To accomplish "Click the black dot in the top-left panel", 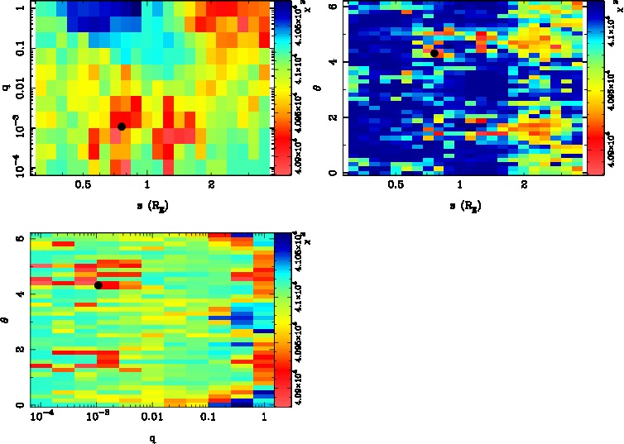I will tap(122, 127).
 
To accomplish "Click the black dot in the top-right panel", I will tap(434, 53).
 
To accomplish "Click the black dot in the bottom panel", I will tap(98, 285).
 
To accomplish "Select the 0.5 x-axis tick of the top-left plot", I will tap(83, 186).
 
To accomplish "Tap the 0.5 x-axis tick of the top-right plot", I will tap(396, 186).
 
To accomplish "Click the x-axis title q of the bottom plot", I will tap(151, 438).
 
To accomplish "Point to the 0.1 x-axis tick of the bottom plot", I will tap(206, 420).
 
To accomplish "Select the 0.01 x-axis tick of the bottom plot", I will tap(151, 420).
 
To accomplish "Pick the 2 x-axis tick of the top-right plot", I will tap(525, 186).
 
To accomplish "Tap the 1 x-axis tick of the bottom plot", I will tap(262, 420).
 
